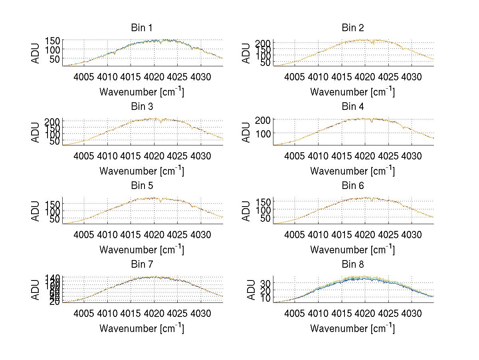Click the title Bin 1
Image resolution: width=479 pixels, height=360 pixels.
point(141,28)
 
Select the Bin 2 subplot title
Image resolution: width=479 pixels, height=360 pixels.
point(352,28)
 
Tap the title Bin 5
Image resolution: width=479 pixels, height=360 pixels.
point(141,186)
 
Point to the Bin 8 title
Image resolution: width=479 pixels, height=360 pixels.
point(352,265)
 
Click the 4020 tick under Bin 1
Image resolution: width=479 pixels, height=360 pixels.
point(154,77)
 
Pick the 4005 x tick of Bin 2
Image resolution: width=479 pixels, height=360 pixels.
point(295,77)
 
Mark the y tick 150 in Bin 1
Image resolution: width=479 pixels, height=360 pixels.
point(53,40)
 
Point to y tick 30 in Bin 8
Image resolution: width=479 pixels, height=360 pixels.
point(266,283)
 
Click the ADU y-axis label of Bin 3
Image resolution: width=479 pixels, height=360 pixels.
point(36,132)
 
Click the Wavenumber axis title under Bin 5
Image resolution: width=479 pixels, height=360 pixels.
point(141,249)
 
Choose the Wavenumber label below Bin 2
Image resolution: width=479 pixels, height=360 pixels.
point(352,91)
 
